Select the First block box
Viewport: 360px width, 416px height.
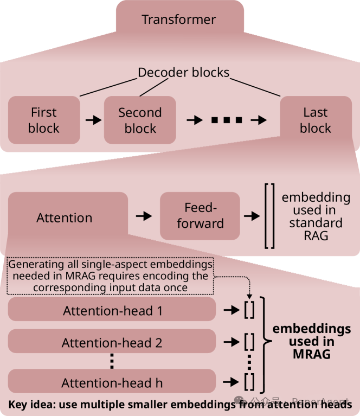coord(44,120)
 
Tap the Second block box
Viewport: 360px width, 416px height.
coord(140,120)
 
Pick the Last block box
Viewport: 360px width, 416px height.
coord(316,120)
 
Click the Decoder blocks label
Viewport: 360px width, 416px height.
coord(184,73)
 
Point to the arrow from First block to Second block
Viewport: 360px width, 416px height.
coord(93,120)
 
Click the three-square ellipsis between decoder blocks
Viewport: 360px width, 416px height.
coord(227,120)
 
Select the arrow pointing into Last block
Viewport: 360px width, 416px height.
coord(259,120)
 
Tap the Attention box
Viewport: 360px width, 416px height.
coord(68,217)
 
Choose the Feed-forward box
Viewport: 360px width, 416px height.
coord(200,216)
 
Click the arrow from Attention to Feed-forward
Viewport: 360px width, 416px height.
coord(144,216)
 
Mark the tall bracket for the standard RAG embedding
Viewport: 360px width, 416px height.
coord(269,216)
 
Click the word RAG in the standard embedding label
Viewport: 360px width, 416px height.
coord(316,235)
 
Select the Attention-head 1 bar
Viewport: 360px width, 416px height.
coord(112,309)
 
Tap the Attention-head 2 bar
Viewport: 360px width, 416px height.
coord(112,341)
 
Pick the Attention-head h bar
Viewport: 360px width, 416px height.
coord(112,381)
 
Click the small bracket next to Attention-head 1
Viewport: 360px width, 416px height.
coord(249,310)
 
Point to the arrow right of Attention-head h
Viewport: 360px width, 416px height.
coord(231,382)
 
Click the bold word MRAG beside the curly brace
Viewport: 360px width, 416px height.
coord(312,354)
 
